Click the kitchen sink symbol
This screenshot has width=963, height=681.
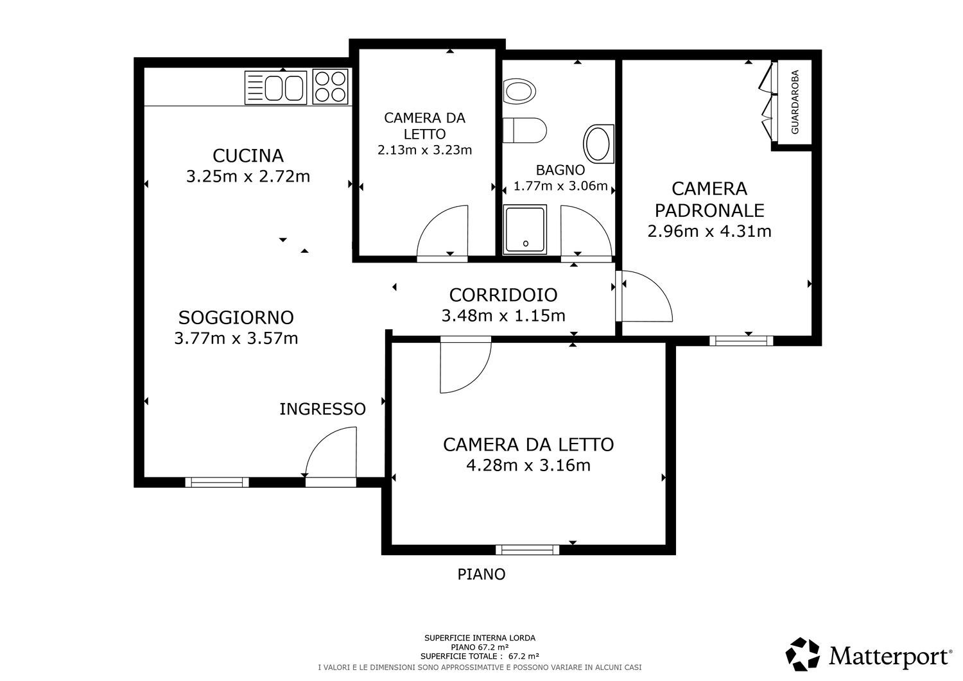(x=275, y=88)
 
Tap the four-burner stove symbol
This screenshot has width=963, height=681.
(x=330, y=87)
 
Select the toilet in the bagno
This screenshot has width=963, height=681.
(x=525, y=130)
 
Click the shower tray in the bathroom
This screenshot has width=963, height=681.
(x=525, y=230)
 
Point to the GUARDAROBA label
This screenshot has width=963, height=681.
(x=795, y=102)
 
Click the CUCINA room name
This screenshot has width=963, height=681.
(x=248, y=155)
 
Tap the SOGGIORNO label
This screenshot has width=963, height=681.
(x=236, y=318)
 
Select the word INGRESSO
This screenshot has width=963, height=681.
(x=322, y=409)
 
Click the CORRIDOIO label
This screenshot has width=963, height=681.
(x=503, y=295)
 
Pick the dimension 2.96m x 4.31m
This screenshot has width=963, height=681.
(x=709, y=231)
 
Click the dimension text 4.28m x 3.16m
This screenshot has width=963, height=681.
(x=528, y=465)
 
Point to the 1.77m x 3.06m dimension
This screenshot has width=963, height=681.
(x=560, y=185)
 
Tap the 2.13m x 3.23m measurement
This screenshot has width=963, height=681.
(x=425, y=150)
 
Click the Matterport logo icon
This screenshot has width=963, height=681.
(x=802, y=654)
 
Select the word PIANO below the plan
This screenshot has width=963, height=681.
(x=481, y=574)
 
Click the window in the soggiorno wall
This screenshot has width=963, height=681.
(x=217, y=482)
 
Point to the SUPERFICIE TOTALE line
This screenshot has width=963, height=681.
(x=480, y=656)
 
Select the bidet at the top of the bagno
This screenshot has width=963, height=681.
(x=519, y=91)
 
